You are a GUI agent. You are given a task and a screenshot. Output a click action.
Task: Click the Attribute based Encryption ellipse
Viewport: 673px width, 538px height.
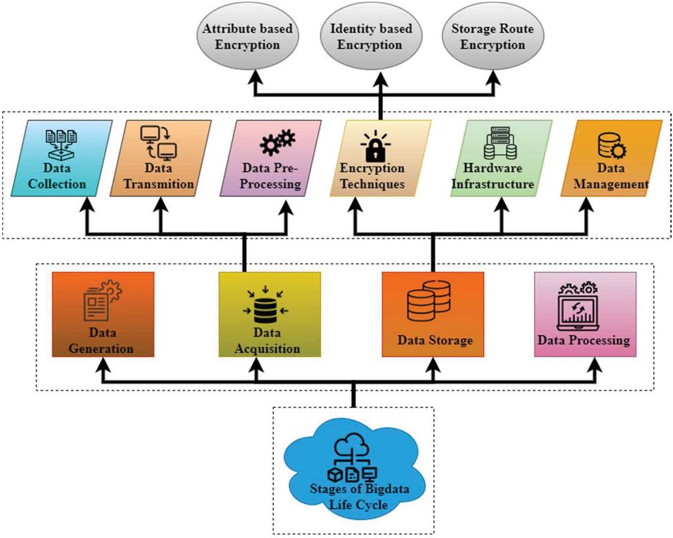click(247, 38)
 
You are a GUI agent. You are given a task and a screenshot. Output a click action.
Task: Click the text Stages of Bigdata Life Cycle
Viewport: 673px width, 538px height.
click(353, 497)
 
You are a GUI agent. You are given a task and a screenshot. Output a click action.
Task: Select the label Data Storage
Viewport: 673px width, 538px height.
click(435, 341)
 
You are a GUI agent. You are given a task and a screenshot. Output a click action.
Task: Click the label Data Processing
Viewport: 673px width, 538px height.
click(583, 340)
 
